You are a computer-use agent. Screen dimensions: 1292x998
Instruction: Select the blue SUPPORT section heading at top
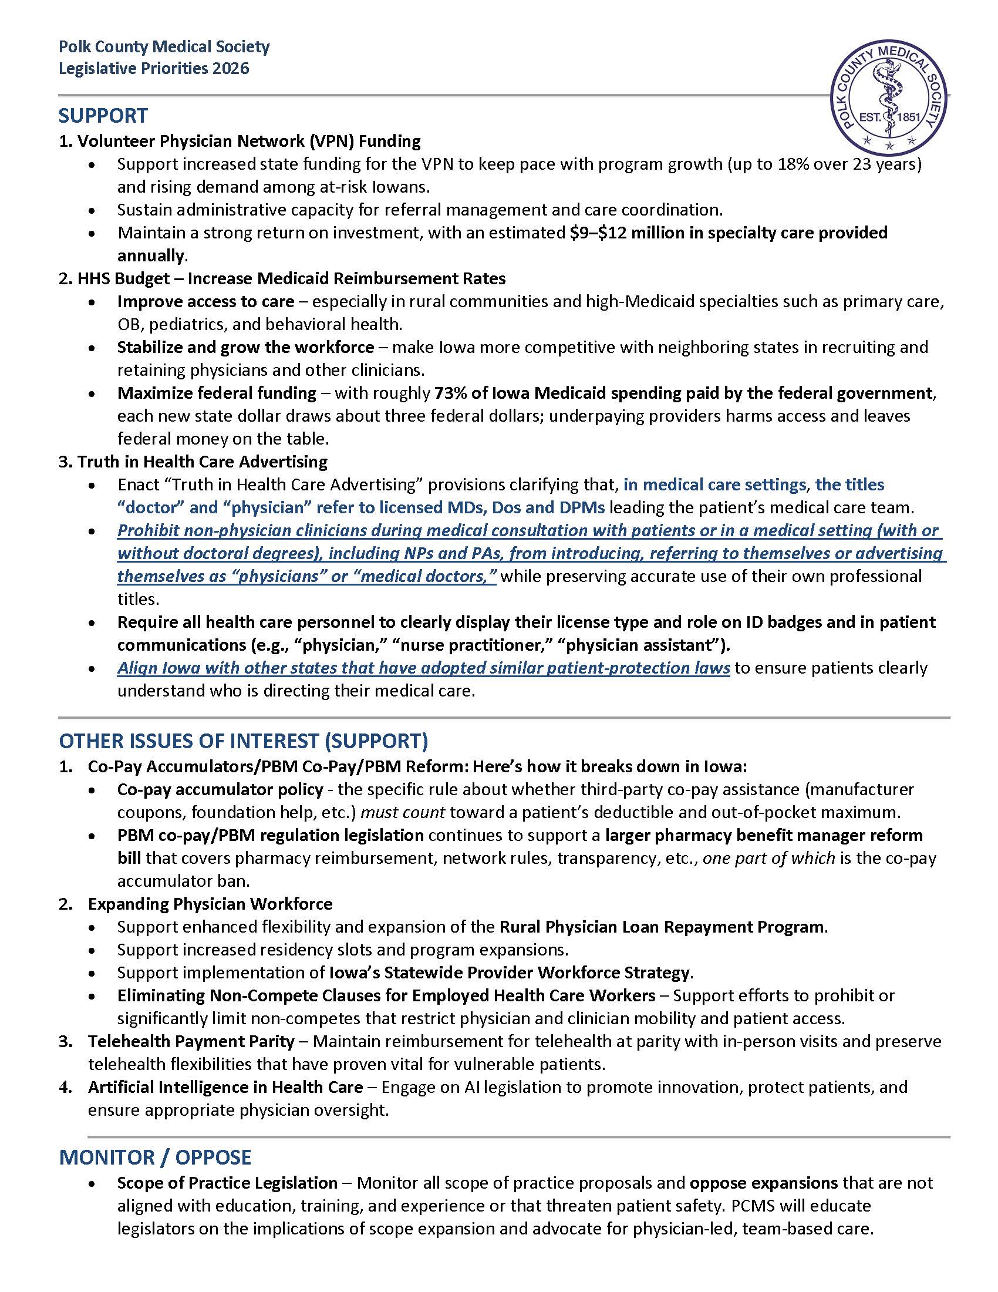(x=103, y=116)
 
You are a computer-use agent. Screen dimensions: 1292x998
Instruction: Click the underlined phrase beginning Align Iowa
(x=423, y=668)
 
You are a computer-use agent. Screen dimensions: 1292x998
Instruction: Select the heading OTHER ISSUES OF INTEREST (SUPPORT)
(x=244, y=741)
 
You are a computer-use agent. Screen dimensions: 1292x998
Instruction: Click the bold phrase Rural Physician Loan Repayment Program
(x=662, y=927)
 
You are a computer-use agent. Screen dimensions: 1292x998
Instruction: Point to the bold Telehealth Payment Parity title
(x=191, y=1041)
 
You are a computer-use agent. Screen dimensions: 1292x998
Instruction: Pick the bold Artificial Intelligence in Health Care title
(x=225, y=1087)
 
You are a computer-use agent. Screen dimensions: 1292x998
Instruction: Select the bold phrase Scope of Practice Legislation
(x=227, y=1183)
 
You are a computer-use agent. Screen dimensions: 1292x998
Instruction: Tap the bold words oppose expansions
(x=763, y=1183)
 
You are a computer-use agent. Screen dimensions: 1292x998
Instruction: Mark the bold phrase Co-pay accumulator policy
(x=220, y=790)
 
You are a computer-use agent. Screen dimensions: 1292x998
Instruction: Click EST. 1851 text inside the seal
(x=889, y=116)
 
